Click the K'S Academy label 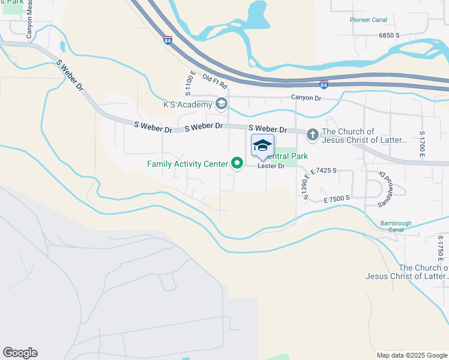pyautogui.click(x=188, y=104)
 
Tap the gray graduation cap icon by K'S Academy pyautogui.click(x=221, y=104)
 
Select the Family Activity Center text pyautogui.click(x=187, y=163)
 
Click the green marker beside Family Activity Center pyautogui.click(x=237, y=163)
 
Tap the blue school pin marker pyautogui.click(x=262, y=146)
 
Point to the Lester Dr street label pyautogui.click(x=271, y=166)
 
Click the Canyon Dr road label pyautogui.click(x=306, y=97)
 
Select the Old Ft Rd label pyautogui.click(x=214, y=81)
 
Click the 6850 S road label pyautogui.click(x=389, y=36)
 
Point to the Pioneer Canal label pyautogui.click(x=369, y=20)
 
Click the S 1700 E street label pyautogui.click(x=423, y=146)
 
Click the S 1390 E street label pyautogui.click(x=307, y=186)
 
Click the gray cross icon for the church pyautogui.click(x=312, y=134)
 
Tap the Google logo pyautogui.click(x=20, y=353)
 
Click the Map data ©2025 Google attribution pyautogui.click(x=411, y=355)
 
